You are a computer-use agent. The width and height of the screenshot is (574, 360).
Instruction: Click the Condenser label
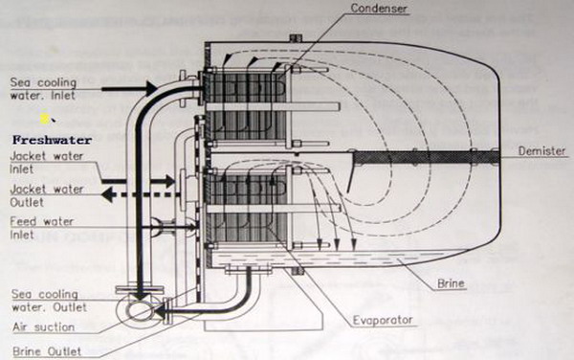379,8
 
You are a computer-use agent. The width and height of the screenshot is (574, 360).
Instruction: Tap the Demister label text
541,151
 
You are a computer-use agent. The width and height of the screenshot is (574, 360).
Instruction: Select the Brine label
451,283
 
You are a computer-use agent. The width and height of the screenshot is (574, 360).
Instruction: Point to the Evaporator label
383,320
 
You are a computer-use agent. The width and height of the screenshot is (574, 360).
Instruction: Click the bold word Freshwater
52,140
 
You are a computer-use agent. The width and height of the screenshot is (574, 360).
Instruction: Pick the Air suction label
44,326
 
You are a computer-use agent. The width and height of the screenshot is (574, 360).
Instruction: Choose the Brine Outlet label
47,351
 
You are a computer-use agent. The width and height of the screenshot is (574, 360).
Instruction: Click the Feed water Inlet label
42,228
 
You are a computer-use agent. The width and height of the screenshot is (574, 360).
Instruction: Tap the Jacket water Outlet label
47,195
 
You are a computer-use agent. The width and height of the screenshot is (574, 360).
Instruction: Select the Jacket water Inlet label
47,163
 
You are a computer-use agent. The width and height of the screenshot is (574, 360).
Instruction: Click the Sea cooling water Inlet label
43,89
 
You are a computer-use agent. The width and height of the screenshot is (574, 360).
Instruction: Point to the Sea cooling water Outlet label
49,301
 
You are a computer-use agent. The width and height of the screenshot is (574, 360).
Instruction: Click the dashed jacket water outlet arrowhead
106,194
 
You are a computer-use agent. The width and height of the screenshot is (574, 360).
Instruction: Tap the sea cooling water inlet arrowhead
151,89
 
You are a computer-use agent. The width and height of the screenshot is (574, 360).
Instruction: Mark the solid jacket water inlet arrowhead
169,181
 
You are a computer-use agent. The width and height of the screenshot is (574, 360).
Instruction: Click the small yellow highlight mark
44,119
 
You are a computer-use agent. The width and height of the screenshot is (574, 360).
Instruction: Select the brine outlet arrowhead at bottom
160,312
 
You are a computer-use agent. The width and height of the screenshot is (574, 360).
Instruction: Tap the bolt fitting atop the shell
296,37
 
